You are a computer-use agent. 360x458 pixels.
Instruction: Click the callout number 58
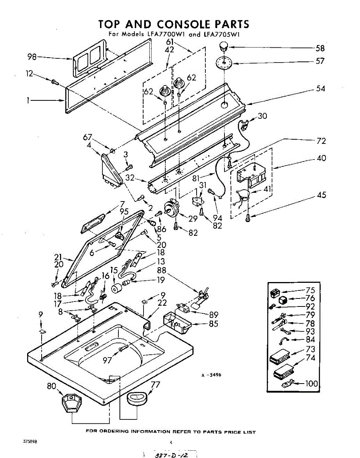pyautogui.click(x=320, y=48)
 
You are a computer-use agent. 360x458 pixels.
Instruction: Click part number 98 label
pyautogui.click(x=32, y=57)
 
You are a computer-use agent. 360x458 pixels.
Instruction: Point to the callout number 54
pyautogui.click(x=321, y=89)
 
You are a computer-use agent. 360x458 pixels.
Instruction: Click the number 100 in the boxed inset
pyautogui.click(x=312, y=383)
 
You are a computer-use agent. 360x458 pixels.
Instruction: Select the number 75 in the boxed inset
pyautogui.click(x=310, y=290)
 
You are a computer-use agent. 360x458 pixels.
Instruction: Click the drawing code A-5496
pyautogui.click(x=211, y=375)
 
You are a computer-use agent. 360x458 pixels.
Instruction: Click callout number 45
pyautogui.click(x=321, y=195)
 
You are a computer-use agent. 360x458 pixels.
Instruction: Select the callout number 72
pyautogui.click(x=321, y=141)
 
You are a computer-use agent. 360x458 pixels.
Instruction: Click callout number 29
pyautogui.click(x=193, y=219)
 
